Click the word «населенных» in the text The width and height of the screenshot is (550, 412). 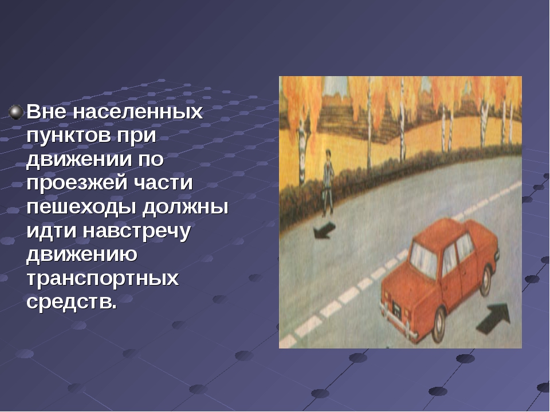(138, 112)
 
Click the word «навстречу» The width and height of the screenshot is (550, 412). (137, 231)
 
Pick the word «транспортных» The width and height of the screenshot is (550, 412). (103, 279)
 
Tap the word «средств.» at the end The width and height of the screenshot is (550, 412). (72, 302)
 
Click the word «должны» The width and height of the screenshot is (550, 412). (186, 207)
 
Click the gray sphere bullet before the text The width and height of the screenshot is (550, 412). (16, 112)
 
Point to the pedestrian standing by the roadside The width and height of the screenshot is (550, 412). (328, 183)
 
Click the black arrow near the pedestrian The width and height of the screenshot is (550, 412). (324, 231)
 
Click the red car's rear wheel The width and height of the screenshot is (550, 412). (438, 325)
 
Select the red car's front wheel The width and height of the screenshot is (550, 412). (486, 280)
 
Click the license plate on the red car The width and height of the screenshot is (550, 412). (396, 310)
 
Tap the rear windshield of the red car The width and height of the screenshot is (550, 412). (424, 260)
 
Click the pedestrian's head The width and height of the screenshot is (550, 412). (328, 154)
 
